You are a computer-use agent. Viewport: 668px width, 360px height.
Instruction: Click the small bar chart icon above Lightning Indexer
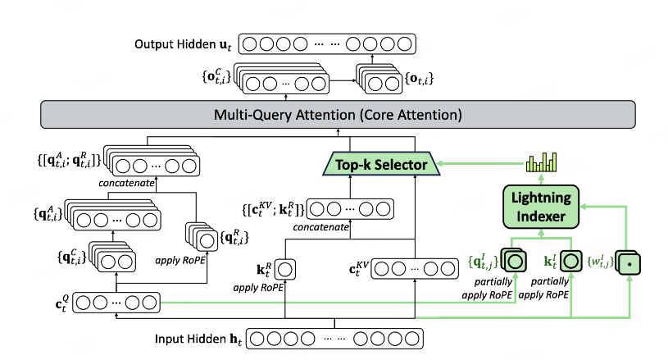[x=538, y=162]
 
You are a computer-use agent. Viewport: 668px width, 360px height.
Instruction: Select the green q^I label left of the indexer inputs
[x=481, y=262]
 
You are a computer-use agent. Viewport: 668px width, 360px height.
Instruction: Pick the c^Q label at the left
[x=57, y=302]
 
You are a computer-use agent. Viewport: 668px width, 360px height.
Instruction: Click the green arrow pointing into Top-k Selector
[x=459, y=165]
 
